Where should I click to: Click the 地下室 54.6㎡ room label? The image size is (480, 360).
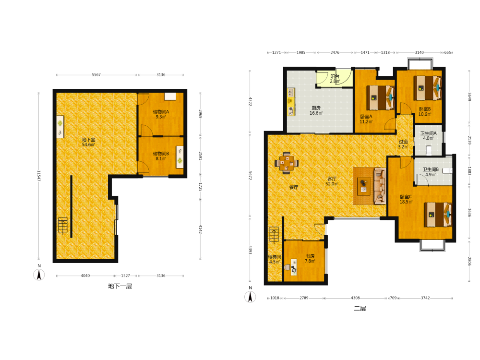(x=88, y=142)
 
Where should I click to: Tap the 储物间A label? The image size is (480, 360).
(x=161, y=112)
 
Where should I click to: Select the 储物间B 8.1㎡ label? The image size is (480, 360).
(x=161, y=156)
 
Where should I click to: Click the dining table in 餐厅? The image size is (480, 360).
(x=286, y=163)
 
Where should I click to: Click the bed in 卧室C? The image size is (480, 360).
(x=438, y=214)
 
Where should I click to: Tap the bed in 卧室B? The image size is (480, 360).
(x=427, y=88)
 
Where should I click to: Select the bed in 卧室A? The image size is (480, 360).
(x=381, y=97)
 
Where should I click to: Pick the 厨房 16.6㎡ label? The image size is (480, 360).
(x=316, y=110)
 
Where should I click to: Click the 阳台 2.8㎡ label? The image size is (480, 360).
(x=335, y=79)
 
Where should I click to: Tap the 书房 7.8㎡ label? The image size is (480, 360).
(x=310, y=258)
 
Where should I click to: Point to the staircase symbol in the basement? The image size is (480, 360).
(x=63, y=225)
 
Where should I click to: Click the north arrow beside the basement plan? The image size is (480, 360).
(x=39, y=275)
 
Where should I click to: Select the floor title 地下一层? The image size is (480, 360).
(x=120, y=286)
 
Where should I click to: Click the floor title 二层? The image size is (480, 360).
(x=360, y=308)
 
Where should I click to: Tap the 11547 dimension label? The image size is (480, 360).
(x=39, y=176)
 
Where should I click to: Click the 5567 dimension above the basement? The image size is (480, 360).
(x=96, y=75)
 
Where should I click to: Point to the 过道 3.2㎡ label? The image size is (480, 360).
(x=403, y=144)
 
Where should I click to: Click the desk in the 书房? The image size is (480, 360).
(x=294, y=267)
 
